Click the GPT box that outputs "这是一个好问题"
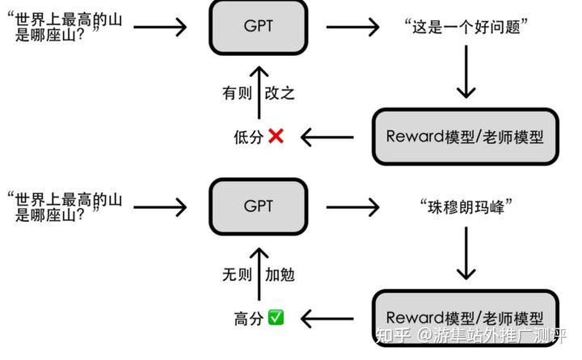[x=258, y=26]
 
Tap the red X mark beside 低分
[x=275, y=137]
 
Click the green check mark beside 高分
[x=276, y=317]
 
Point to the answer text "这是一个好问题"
[x=466, y=27]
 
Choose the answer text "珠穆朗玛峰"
[x=466, y=206]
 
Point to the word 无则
[x=237, y=274]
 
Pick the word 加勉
[x=280, y=274]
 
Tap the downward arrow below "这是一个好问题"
[x=466, y=73]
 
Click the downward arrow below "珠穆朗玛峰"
[x=466, y=252]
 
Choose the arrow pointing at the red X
[x=327, y=137]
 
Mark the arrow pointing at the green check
[x=327, y=317]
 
